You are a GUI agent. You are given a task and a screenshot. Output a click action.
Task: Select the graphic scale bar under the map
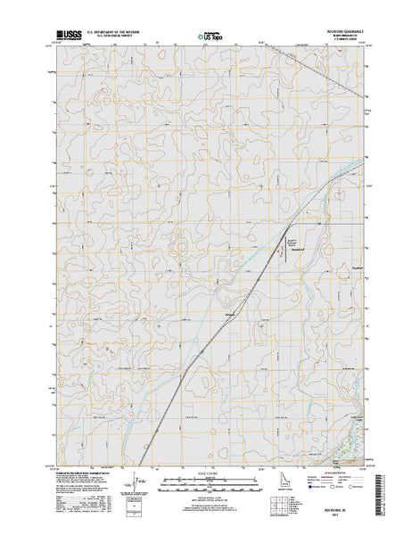(210, 482)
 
